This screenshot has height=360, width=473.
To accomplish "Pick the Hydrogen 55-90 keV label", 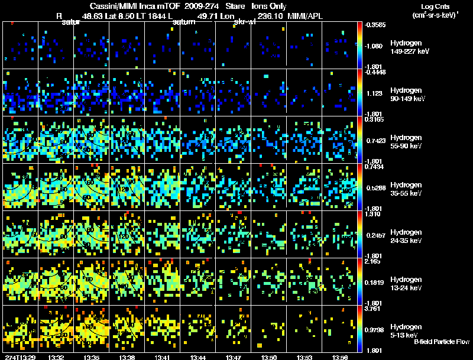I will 407,141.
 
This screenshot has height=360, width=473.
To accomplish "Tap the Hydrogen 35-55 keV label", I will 407,189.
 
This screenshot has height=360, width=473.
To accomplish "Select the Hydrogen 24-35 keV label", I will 407,236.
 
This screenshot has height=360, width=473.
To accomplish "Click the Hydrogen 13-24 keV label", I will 407,283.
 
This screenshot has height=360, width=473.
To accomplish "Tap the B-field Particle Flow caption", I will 442,342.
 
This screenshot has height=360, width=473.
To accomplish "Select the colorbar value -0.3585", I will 374,25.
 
